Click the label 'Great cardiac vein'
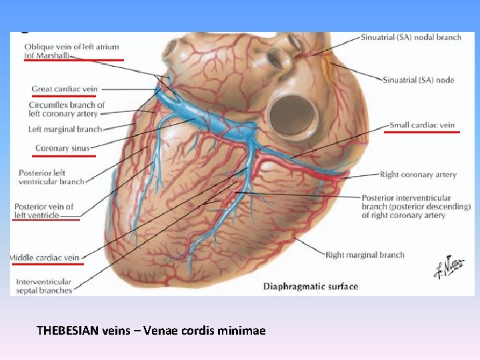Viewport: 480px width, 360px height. (x=64, y=89)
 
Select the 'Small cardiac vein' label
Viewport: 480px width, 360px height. (x=422, y=125)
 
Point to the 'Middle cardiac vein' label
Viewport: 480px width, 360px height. (x=45, y=257)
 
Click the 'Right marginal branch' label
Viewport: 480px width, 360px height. (x=365, y=255)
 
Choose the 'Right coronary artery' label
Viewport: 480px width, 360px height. (x=418, y=175)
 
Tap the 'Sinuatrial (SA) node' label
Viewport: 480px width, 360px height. (x=419, y=80)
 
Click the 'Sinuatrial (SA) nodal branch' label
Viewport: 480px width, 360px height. (x=411, y=37)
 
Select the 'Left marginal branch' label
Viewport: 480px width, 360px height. (x=65, y=129)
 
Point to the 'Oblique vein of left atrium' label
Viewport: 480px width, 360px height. (x=71, y=46)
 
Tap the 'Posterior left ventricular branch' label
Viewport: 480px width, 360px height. (x=51, y=177)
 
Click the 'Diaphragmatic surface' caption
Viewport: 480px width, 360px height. (x=311, y=287)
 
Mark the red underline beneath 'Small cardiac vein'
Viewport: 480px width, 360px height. (x=421, y=132)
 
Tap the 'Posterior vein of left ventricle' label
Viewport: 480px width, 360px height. (x=44, y=211)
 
